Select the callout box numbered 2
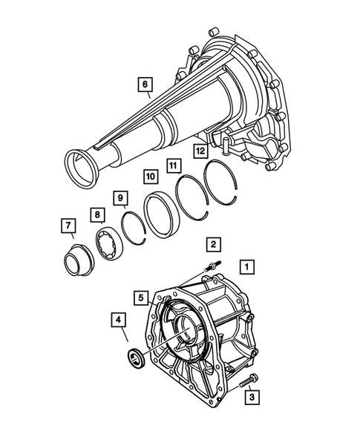point(213,243)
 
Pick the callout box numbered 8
point(96,216)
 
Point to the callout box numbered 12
point(200,152)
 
